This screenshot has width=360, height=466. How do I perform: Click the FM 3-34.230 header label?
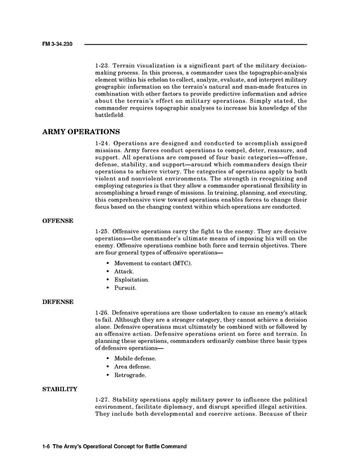[57, 45]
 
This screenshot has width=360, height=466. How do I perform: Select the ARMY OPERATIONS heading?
[81, 131]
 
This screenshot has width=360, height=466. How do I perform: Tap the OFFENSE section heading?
[58, 221]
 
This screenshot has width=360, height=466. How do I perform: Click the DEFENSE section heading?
[58, 301]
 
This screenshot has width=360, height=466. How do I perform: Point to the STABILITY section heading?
[60, 389]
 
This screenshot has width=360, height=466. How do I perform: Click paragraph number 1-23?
[102, 66]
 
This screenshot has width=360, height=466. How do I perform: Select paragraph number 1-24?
[102, 143]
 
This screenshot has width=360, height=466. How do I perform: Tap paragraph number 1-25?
[102, 231]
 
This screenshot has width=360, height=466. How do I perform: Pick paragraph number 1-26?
[102, 312]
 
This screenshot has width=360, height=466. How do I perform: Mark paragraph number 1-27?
[102, 399]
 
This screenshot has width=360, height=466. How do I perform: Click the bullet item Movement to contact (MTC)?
[153, 263]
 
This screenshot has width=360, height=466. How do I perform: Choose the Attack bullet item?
[124, 271]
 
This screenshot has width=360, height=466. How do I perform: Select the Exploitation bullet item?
[131, 279]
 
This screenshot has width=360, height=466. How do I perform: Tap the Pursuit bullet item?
[125, 287]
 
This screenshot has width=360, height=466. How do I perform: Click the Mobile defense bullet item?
[135, 358]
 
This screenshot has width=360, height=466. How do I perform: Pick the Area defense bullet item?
[132, 367]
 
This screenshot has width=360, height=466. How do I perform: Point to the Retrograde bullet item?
[130, 375]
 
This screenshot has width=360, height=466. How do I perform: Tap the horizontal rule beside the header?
[195, 45]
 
